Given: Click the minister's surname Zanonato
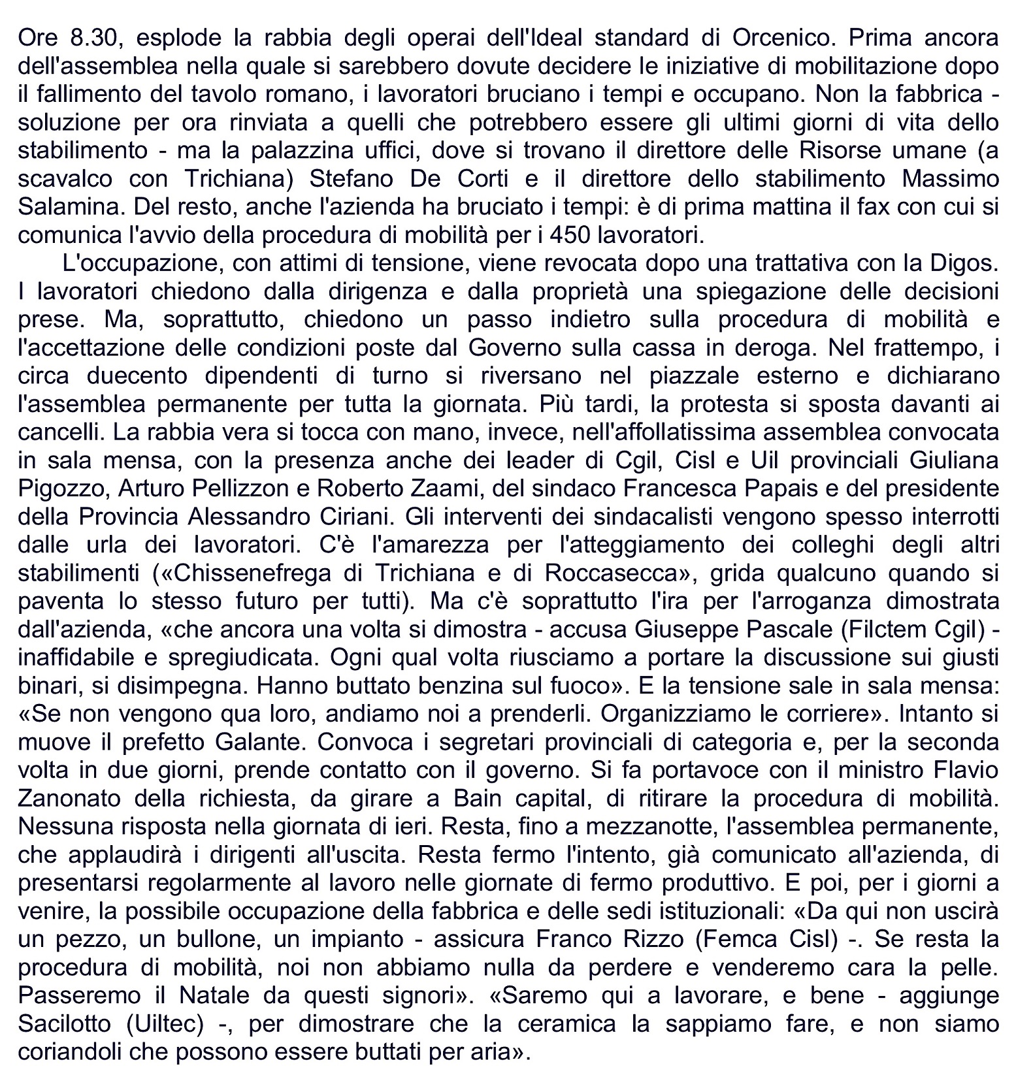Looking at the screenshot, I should tap(71, 799).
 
